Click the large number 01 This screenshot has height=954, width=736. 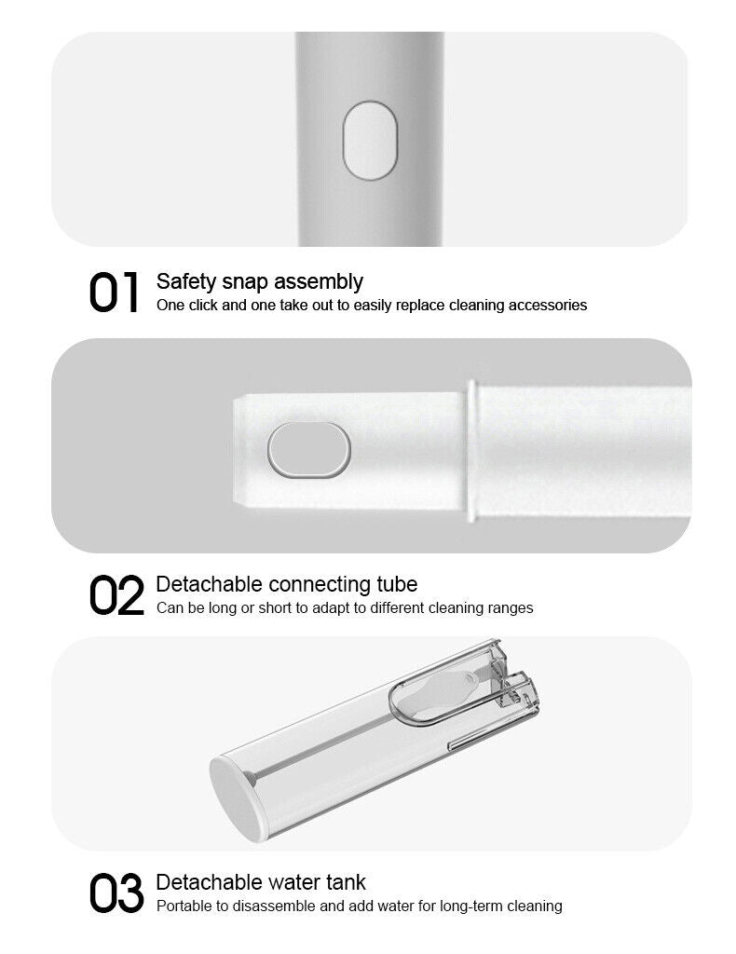pyautogui.click(x=114, y=293)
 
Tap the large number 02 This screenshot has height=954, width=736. pyautogui.click(x=116, y=595)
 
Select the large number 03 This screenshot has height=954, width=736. pyautogui.click(x=116, y=893)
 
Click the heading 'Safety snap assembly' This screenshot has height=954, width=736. pyautogui.click(x=260, y=282)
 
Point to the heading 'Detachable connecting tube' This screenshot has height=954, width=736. pyautogui.click(x=287, y=584)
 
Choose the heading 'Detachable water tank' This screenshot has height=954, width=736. pyautogui.click(x=261, y=882)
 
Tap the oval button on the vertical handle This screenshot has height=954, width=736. pyautogui.click(x=370, y=141)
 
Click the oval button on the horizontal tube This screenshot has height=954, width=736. pyautogui.click(x=309, y=450)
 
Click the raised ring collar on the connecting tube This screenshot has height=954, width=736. pyautogui.click(x=470, y=451)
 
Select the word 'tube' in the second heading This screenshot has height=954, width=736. pyautogui.click(x=397, y=584)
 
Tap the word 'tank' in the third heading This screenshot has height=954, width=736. pyautogui.click(x=346, y=882)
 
